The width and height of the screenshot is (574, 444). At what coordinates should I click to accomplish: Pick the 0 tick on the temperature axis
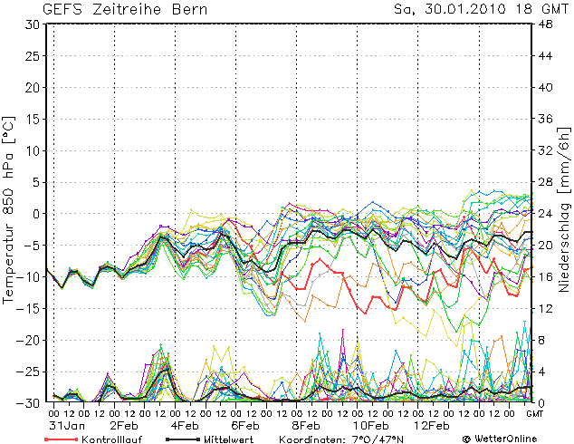tap(34, 214)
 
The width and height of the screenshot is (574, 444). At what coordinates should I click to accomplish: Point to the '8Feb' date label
tap(307, 425)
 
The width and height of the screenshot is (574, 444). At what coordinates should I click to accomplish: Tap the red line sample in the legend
tap(60, 439)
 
